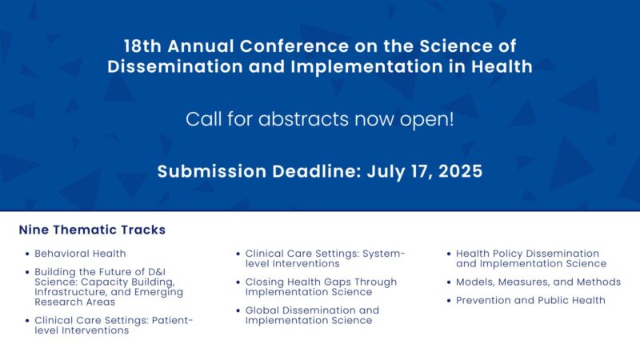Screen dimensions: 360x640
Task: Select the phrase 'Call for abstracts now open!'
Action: [x=320, y=119]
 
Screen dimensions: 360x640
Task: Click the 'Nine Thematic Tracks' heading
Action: [x=92, y=230]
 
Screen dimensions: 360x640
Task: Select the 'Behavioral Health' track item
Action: [x=80, y=254]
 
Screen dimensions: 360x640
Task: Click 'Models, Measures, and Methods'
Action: [x=538, y=282]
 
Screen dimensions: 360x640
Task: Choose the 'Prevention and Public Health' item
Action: [x=530, y=300]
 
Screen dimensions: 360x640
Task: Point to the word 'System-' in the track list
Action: [x=384, y=254]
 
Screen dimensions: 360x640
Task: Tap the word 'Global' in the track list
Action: [x=263, y=310]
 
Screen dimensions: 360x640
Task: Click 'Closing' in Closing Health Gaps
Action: [x=266, y=282]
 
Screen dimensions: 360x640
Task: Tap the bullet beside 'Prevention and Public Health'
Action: [x=448, y=301]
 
